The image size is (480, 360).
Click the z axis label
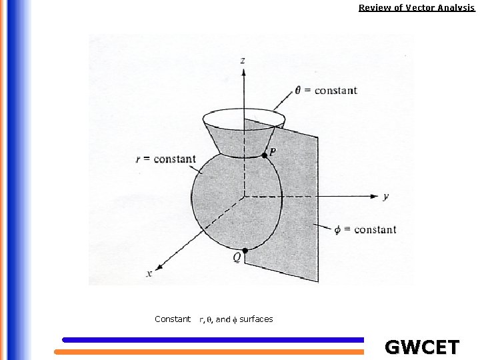[242, 61]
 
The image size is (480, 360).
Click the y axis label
[386, 197]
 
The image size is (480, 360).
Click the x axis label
[149, 273]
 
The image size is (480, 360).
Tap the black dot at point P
[264, 155]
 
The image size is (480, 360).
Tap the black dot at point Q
[245, 251]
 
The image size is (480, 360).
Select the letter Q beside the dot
[237, 257]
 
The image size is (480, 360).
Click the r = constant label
[165, 159]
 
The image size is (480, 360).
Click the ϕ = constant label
[365, 229]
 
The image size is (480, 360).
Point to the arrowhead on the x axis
[159, 265]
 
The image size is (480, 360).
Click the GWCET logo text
[422, 347]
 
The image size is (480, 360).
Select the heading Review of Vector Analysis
[417, 8]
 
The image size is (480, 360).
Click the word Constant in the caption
[173, 319]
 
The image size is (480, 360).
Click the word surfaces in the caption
[256, 319]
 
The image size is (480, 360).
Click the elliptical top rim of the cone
[244, 110]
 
